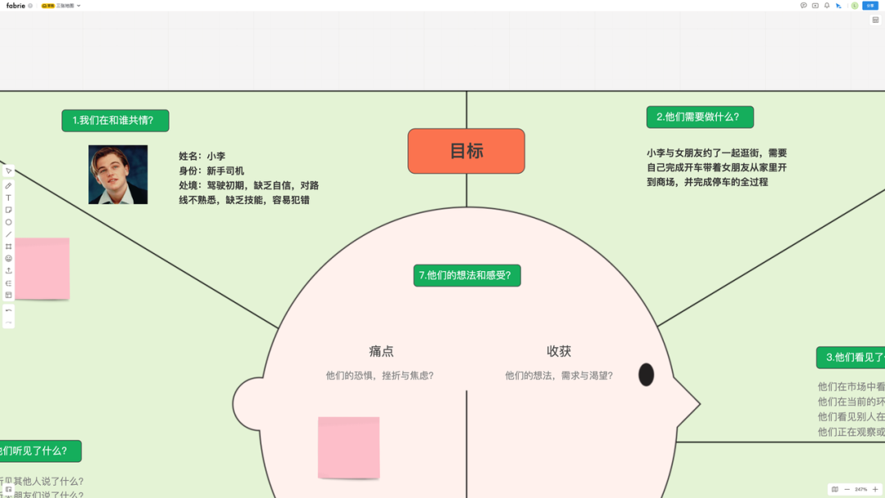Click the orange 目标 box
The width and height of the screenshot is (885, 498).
point(466,151)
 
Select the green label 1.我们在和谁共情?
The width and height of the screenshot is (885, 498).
point(115,120)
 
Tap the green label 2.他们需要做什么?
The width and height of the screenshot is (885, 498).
point(700,117)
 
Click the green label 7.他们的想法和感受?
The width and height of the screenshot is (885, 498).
point(467,275)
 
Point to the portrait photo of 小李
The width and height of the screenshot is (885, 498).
point(118,174)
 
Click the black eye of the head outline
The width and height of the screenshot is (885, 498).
point(647,374)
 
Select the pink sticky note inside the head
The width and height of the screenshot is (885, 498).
point(348,447)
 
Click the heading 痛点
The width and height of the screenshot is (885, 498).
point(381,351)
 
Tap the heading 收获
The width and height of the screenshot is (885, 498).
point(559,351)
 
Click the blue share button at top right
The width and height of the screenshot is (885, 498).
point(869,6)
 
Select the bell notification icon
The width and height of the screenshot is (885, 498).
point(827,6)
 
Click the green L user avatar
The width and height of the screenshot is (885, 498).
point(854,6)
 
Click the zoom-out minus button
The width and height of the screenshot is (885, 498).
point(847,489)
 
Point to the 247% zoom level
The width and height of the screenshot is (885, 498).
point(861,489)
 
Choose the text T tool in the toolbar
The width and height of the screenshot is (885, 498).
point(9,197)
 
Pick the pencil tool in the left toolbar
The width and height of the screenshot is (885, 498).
point(9,186)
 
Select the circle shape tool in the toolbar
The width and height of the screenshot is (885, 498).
point(9,222)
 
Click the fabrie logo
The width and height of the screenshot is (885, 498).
point(16,6)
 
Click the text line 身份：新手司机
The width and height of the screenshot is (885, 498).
point(211,170)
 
